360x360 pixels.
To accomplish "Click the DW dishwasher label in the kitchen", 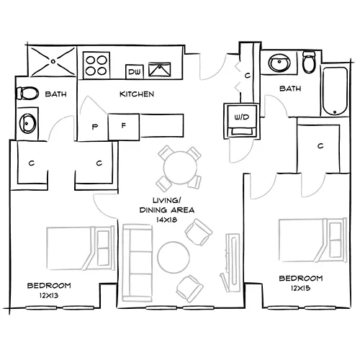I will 133,71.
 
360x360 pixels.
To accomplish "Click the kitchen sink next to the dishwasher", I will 161,71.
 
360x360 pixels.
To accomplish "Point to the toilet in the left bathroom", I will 27,93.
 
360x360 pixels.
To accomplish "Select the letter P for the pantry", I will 94,127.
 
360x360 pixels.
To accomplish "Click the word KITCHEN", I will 136,94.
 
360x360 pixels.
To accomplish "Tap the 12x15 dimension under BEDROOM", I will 301,288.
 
